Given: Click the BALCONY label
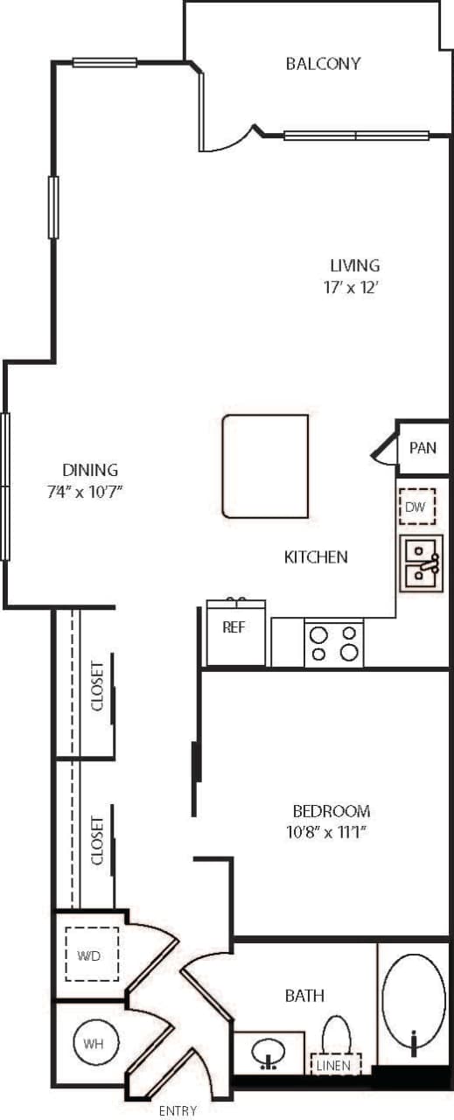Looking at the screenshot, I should click(323, 64).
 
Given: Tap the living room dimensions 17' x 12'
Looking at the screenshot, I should click(354, 287).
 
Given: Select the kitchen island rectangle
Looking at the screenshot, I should click(265, 465).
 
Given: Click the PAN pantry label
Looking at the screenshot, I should click(423, 448).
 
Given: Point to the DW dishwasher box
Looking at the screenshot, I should click(416, 507).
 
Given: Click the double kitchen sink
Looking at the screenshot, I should click(421, 563).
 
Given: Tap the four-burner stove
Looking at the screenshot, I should click(334, 642).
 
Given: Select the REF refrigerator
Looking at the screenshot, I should click(234, 631).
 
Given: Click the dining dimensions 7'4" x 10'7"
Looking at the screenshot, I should click(84, 492).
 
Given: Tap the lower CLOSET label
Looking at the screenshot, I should click(97, 841).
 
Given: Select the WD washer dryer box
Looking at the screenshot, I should click(92, 955).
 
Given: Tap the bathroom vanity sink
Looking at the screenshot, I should click(269, 1052).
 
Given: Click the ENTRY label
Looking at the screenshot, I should click(178, 1111).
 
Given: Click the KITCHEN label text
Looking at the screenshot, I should click(316, 556).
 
